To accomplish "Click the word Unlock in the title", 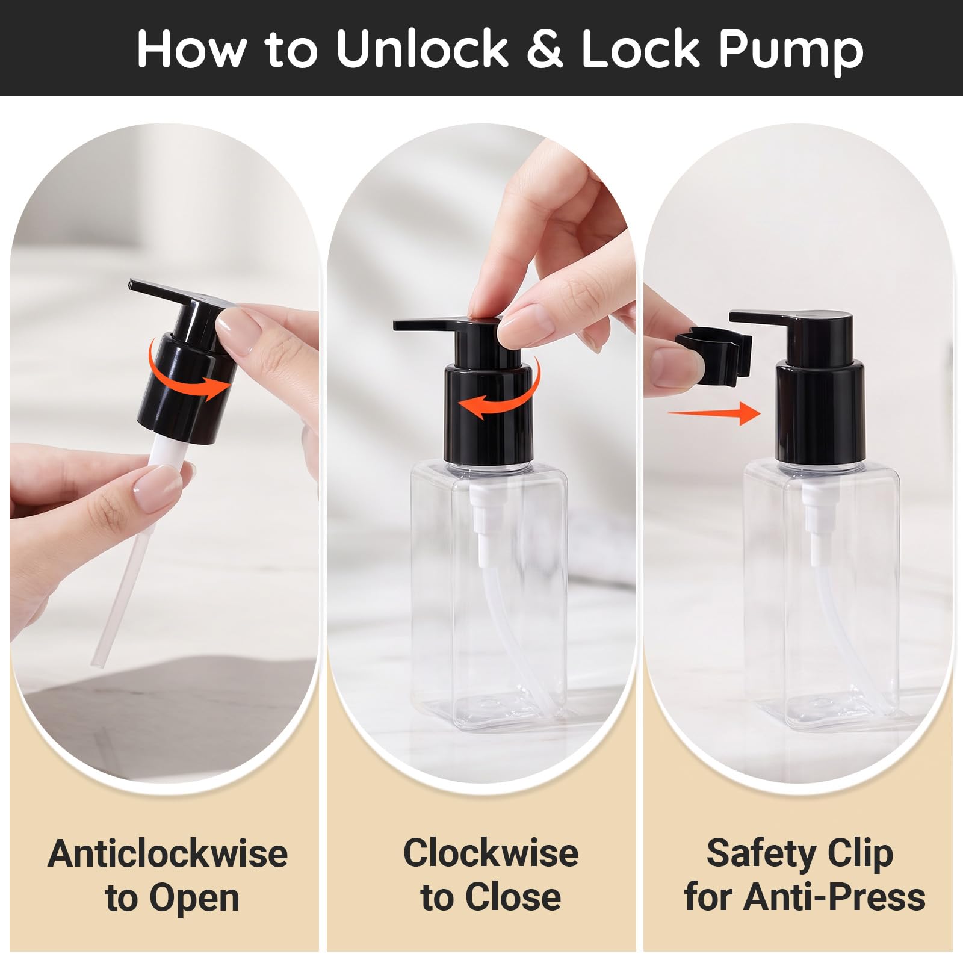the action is [422, 48].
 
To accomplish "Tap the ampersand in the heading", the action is [545, 48].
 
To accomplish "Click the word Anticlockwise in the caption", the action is [168, 853].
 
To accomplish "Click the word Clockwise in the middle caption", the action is [491, 853].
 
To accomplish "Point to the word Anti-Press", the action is [835, 897].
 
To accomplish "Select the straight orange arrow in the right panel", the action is [714, 413].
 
